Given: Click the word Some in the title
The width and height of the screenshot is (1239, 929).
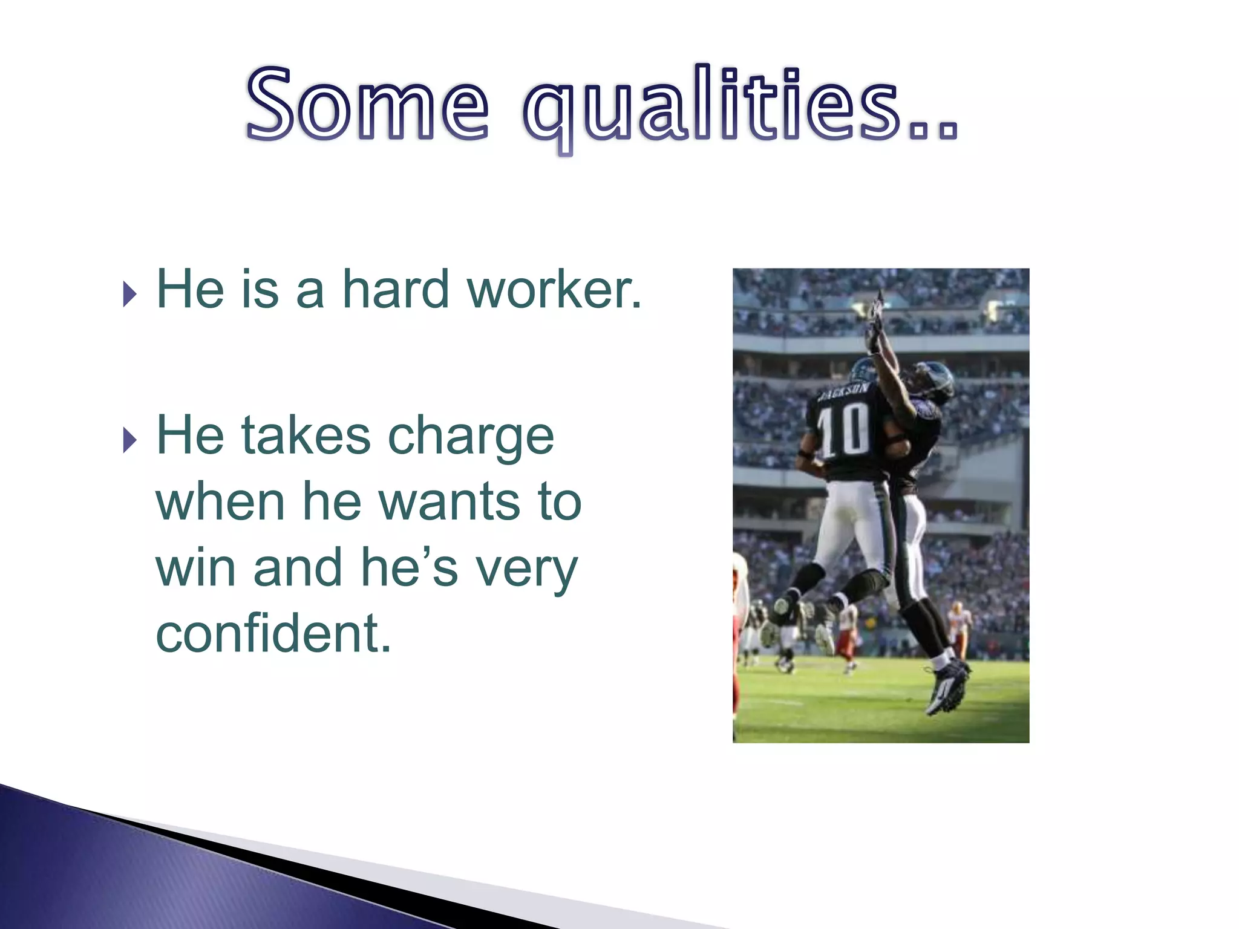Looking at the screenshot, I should pos(367,104).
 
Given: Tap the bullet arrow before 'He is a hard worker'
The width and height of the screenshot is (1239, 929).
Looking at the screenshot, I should pos(129,294).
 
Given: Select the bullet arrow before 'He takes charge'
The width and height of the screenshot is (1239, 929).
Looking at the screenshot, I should pos(129,440).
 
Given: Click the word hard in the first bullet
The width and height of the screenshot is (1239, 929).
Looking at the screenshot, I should pos(396,290).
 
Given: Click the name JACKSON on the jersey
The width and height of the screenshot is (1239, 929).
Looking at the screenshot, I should pos(844,392).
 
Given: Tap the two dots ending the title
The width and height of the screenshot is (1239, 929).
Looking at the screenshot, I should pos(935,130).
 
